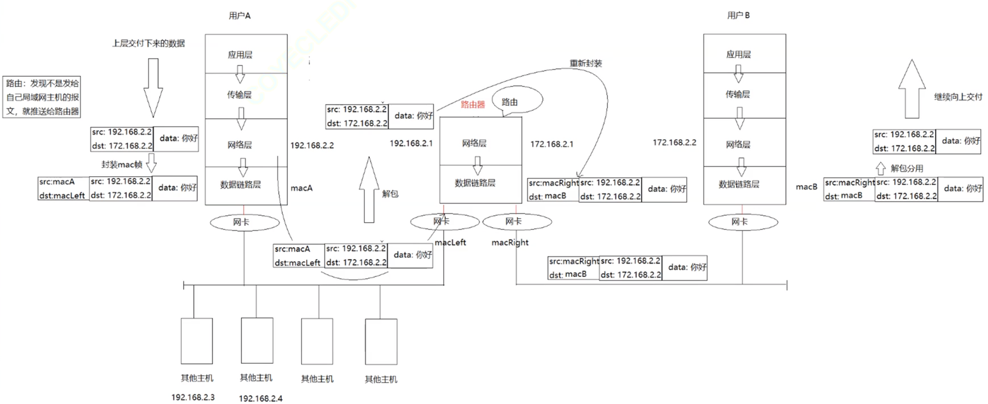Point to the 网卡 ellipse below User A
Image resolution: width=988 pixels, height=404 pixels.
[244, 223]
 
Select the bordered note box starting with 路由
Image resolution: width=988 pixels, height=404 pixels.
[43, 96]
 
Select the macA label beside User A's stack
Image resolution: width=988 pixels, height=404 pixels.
[301, 189]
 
